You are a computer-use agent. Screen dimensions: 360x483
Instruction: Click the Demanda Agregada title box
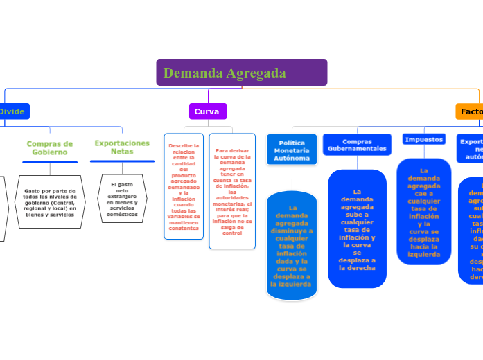coord(241,73)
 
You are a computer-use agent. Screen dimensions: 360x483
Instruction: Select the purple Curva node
coord(207,111)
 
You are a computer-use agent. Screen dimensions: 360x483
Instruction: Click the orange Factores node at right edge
coord(471,111)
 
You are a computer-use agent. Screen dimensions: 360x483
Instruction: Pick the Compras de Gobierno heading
coord(50,147)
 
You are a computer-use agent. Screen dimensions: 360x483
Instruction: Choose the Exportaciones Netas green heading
coord(122,147)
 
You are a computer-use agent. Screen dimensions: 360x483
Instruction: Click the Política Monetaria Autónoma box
coord(292,150)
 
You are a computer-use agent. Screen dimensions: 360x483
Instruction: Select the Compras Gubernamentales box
coord(357,145)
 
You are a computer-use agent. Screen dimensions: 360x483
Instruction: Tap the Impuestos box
coord(423,139)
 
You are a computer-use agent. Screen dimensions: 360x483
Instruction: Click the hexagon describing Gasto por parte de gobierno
coord(50,201)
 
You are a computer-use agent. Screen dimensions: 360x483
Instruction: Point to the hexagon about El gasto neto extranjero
coord(122,199)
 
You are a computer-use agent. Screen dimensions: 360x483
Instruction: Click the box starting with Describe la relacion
coord(184,187)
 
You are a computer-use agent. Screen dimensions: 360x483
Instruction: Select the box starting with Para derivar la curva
coord(232,191)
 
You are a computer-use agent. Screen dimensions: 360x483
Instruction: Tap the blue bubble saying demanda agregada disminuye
coord(292,246)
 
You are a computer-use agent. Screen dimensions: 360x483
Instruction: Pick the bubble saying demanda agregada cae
coord(423,212)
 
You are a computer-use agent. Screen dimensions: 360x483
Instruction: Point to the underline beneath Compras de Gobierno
coord(50,162)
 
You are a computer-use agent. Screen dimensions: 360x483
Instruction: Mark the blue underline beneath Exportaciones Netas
coord(123,161)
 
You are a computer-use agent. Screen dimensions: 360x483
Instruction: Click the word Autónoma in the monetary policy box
coord(292,158)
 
